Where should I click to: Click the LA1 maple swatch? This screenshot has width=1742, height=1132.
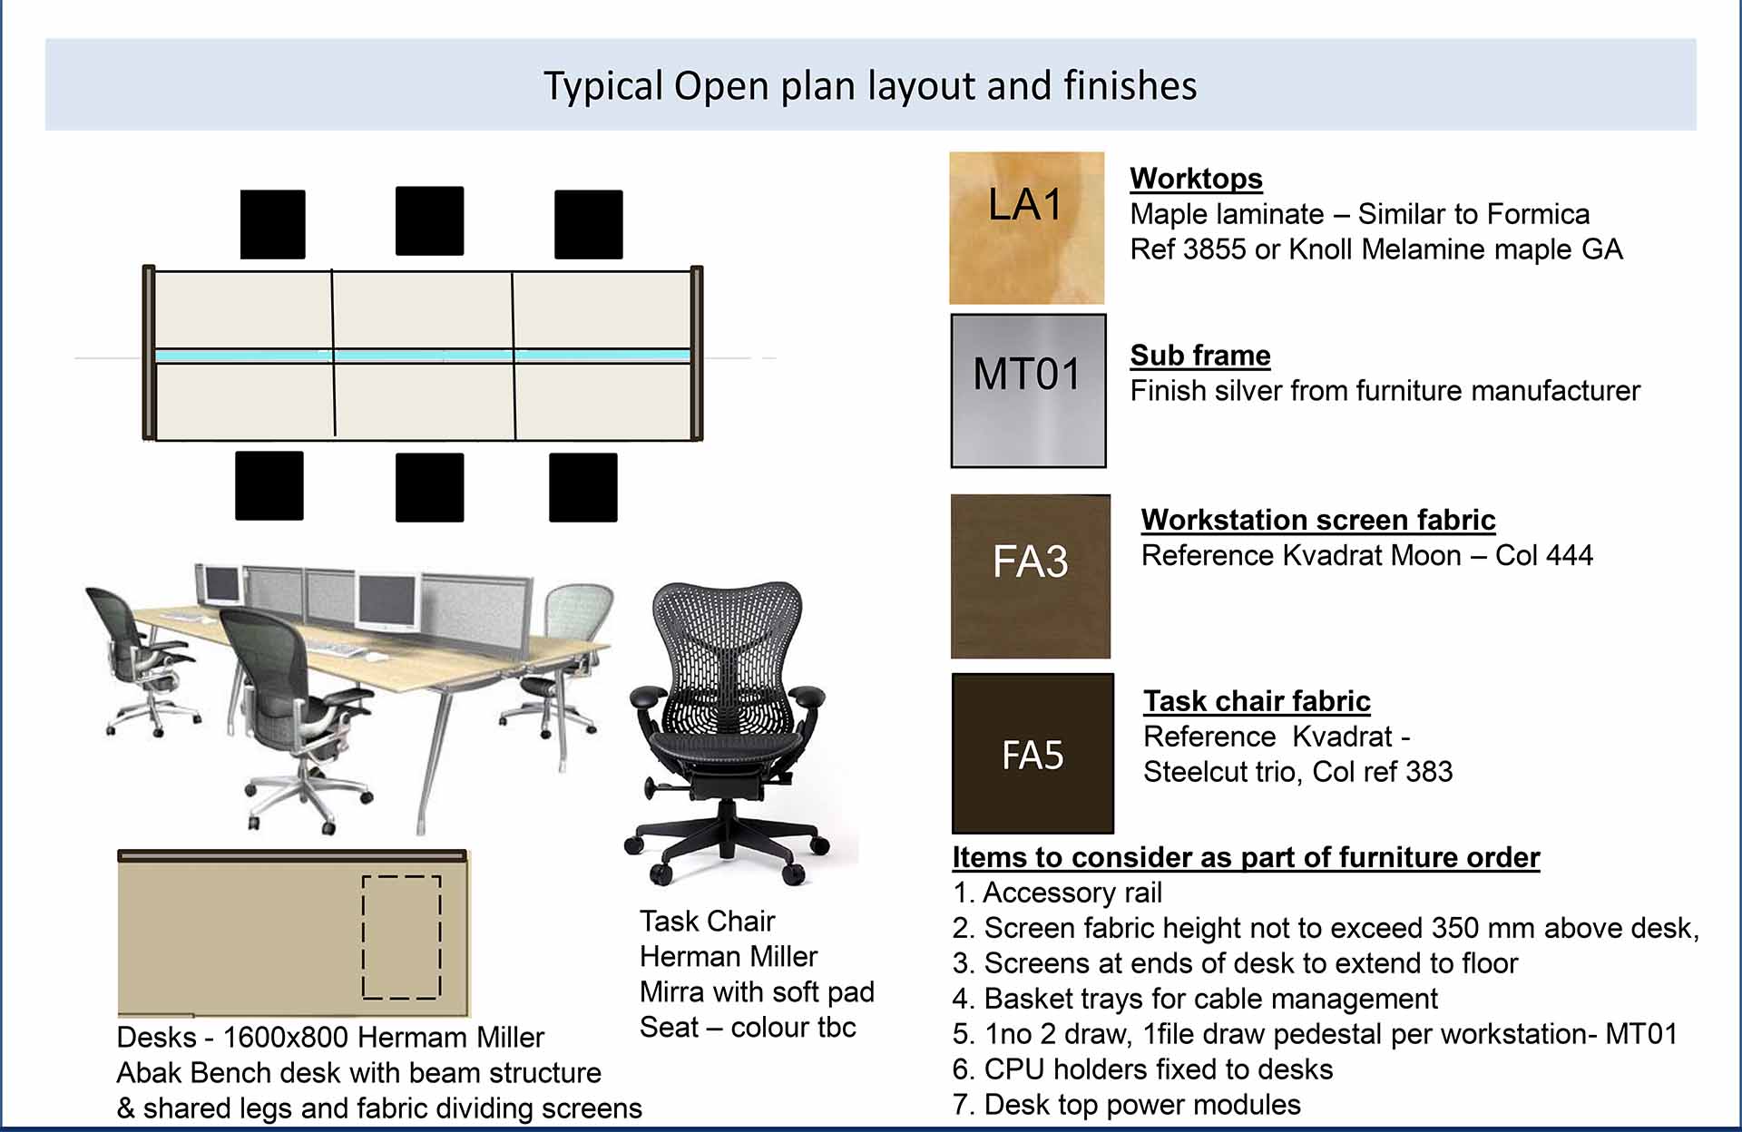coord(1027,228)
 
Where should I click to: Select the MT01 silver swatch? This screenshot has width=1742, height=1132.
coord(1029,391)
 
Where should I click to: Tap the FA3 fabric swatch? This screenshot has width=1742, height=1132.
coord(1031,576)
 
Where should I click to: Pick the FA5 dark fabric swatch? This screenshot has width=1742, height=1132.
coord(1032,753)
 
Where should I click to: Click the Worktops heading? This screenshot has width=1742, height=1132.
coord(1196,179)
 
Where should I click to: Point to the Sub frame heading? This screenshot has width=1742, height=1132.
coord(1200,356)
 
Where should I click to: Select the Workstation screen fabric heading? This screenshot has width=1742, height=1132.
coord(1318,520)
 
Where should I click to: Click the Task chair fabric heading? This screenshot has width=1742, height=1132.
coord(1257,701)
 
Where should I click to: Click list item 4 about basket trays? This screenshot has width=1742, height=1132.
coord(1195,999)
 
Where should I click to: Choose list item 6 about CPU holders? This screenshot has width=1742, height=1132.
coord(1142,1069)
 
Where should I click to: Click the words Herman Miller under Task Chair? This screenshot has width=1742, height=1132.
coord(728,957)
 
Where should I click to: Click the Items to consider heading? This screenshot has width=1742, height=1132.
coord(1246,858)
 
